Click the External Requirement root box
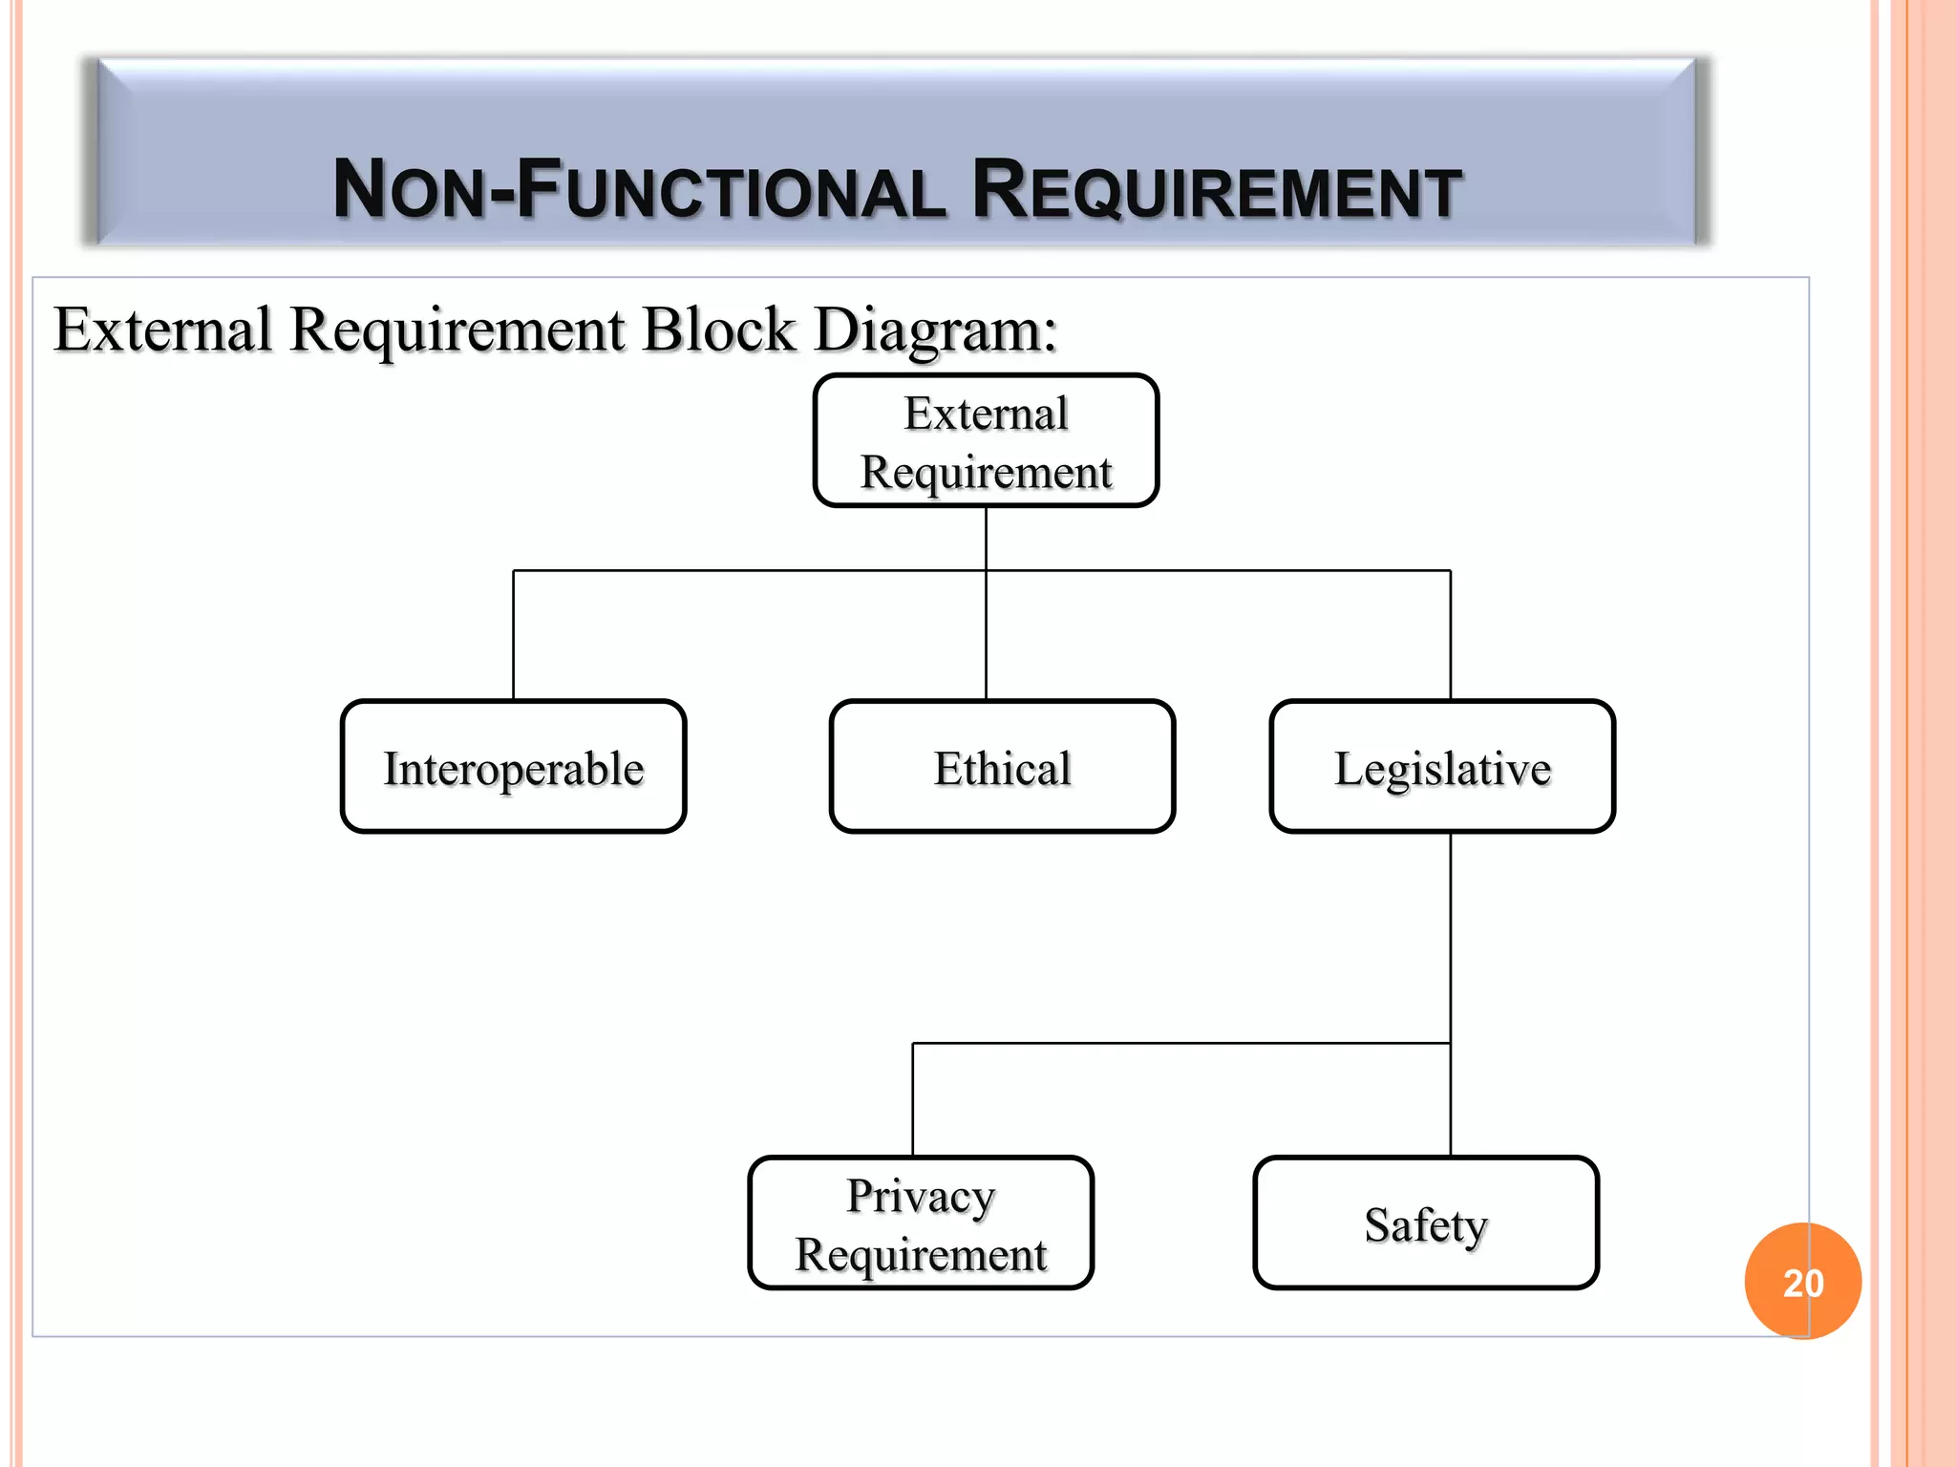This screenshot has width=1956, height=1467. (x=986, y=441)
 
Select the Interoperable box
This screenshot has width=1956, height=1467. (x=514, y=767)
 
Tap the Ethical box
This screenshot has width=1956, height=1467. (x=1002, y=767)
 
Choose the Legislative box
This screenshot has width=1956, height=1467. (x=1442, y=767)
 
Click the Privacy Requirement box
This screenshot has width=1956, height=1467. (x=921, y=1223)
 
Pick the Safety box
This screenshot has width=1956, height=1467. (x=1426, y=1223)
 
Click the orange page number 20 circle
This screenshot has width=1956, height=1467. (x=1802, y=1282)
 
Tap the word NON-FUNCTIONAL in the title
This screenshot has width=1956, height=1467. (x=639, y=191)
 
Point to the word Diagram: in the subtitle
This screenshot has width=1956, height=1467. (x=935, y=330)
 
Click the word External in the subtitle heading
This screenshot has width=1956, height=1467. (x=162, y=330)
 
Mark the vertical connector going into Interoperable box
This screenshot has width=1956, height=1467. (x=514, y=636)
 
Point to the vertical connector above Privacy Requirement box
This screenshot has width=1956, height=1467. (x=913, y=1098)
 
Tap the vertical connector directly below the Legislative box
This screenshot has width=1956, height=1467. (x=1451, y=936)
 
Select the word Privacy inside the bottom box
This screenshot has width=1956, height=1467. (x=921, y=1196)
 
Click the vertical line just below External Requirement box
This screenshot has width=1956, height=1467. (x=986, y=538)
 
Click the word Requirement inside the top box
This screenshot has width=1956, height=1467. (x=986, y=472)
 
